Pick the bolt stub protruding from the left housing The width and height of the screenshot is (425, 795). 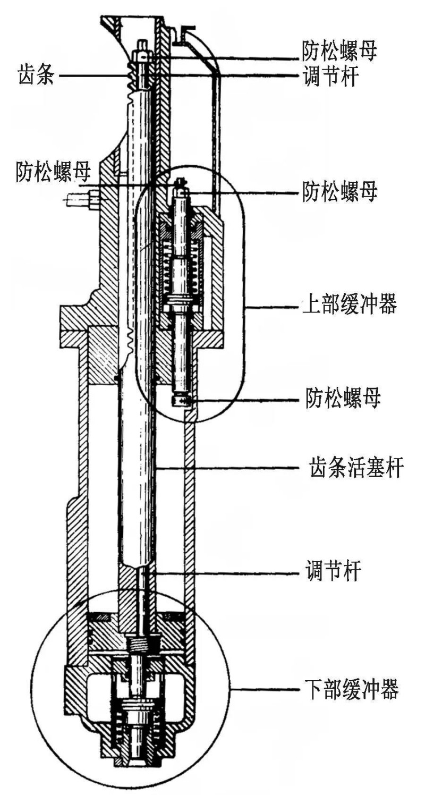point(80,199)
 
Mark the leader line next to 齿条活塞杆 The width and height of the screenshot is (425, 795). point(228,468)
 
